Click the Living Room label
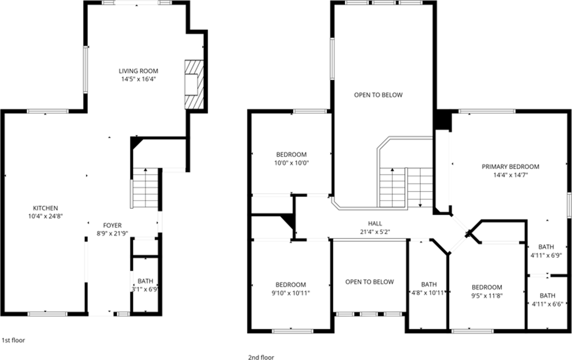(x=138, y=71)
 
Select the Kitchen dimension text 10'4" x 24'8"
(x=45, y=216)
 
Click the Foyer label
(x=112, y=225)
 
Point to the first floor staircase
(x=146, y=188)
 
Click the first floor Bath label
(x=145, y=281)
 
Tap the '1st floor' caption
(x=13, y=340)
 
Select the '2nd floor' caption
(x=261, y=357)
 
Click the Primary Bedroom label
(x=510, y=167)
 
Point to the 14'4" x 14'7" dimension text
(x=510, y=175)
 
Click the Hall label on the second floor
(x=375, y=223)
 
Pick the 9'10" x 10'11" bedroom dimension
(x=290, y=293)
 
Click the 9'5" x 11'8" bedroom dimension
(x=487, y=296)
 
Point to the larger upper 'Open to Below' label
(x=378, y=95)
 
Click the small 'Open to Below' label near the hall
(x=370, y=282)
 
